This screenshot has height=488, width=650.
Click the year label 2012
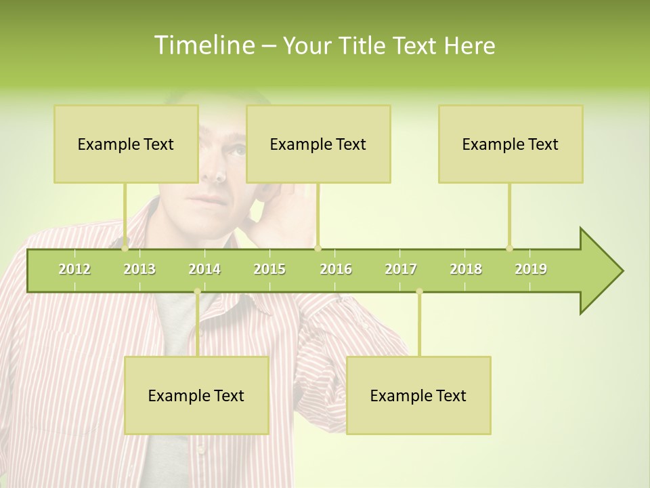coord(74,269)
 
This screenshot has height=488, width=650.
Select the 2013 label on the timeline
coord(139,269)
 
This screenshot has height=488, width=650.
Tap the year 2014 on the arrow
coord(204,269)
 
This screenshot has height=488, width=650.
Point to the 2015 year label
coord(269,269)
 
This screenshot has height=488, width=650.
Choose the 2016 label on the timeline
coord(336,269)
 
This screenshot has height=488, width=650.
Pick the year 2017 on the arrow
coord(401,269)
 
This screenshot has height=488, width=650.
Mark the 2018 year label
coord(466,269)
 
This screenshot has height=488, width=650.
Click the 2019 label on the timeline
coord(531,269)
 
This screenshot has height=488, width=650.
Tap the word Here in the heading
coord(469,45)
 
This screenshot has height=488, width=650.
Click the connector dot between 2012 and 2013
coord(125,248)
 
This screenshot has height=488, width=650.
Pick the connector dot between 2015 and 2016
coord(318,248)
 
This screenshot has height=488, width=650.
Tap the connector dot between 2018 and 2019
coord(510,248)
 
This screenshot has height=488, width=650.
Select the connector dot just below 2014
coord(197,291)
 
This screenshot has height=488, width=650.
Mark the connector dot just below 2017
coord(419,291)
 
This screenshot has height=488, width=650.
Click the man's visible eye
coord(236,150)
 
